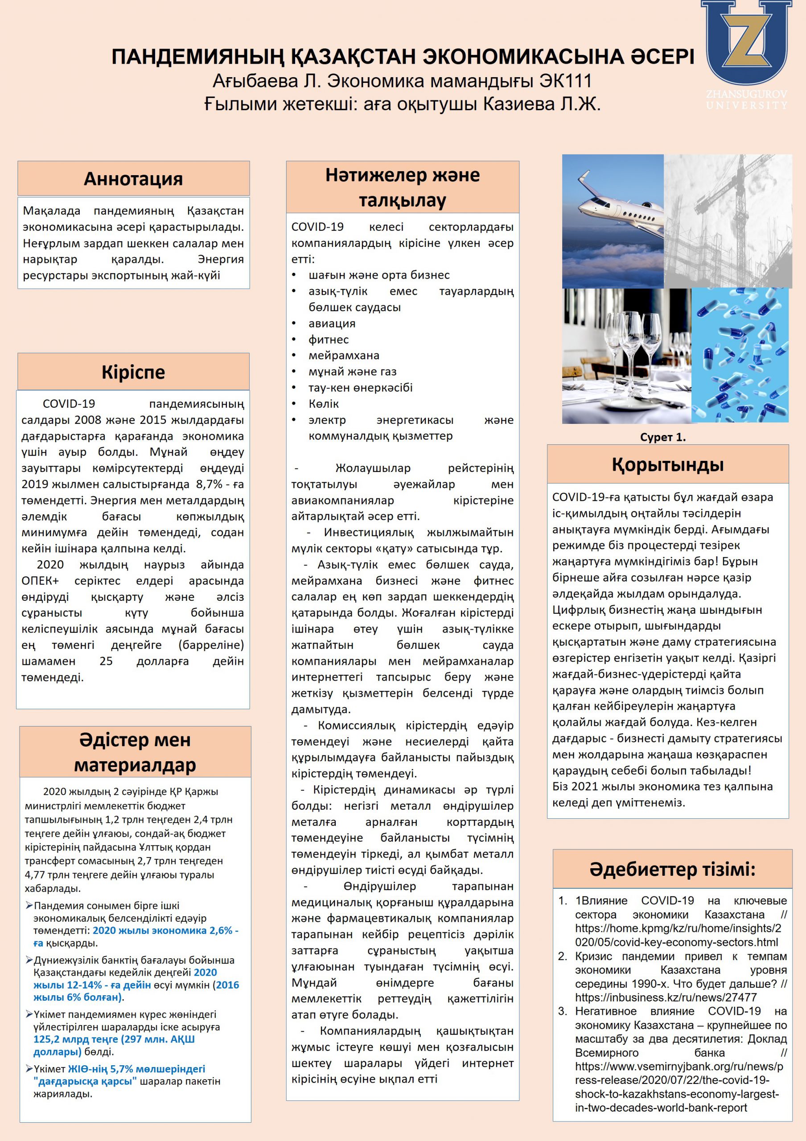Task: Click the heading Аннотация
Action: (x=133, y=179)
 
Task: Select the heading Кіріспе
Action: (x=133, y=372)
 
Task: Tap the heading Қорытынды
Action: (x=667, y=465)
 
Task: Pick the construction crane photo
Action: (x=728, y=221)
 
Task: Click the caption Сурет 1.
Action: (x=662, y=437)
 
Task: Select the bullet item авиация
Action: (x=332, y=324)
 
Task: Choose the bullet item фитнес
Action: (x=329, y=340)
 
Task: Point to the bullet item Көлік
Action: (x=324, y=404)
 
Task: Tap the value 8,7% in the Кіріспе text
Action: (x=209, y=484)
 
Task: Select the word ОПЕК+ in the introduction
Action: (x=40, y=581)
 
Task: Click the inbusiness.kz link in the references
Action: (x=666, y=997)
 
